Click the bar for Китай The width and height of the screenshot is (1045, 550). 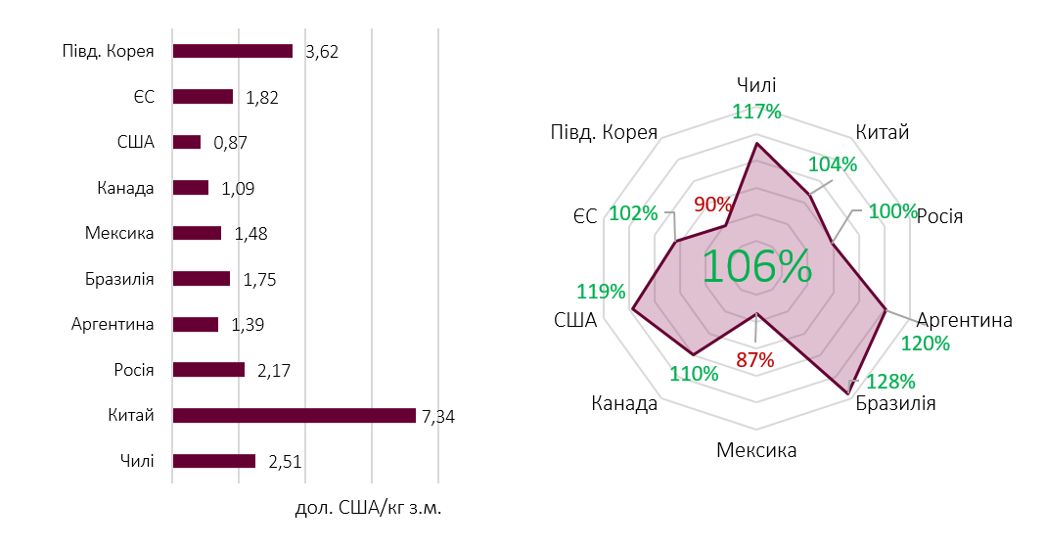[294, 416]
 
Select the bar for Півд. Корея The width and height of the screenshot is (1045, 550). [232, 51]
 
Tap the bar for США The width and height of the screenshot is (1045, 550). [186, 142]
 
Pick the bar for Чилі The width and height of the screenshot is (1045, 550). [213, 461]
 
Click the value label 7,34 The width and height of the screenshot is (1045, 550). [438, 417]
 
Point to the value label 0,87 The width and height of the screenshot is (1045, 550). [230, 143]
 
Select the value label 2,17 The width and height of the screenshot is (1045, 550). [274, 371]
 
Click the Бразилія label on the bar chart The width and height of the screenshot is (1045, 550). [119, 279]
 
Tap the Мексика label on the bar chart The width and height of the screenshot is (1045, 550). [120, 233]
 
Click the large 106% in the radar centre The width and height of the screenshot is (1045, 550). [756, 266]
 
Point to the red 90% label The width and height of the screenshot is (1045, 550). [712, 205]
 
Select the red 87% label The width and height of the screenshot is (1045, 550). [754, 359]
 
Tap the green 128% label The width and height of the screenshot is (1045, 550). [891, 381]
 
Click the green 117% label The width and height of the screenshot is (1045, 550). [756, 112]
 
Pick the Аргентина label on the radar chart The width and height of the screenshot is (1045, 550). [964, 320]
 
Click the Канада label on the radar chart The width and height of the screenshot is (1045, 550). [624, 403]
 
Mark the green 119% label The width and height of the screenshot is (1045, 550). [601, 292]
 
